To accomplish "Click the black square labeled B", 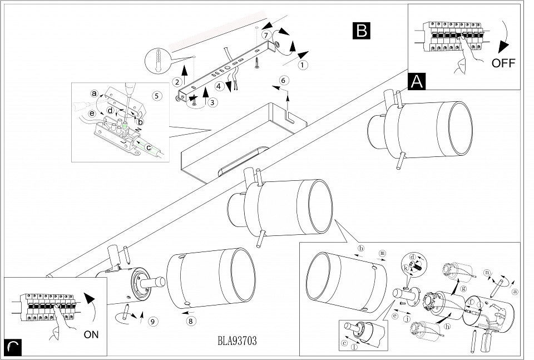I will click(x=362, y=31).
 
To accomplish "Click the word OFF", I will click(x=503, y=63).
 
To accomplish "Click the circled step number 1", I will click(x=303, y=65).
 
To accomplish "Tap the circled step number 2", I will click(x=177, y=82).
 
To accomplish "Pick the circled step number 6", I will click(x=283, y=80).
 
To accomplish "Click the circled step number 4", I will click(x=220, y=86).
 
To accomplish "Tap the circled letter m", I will click(x=382, y=253).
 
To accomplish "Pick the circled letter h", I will click(x=447, y=327).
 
